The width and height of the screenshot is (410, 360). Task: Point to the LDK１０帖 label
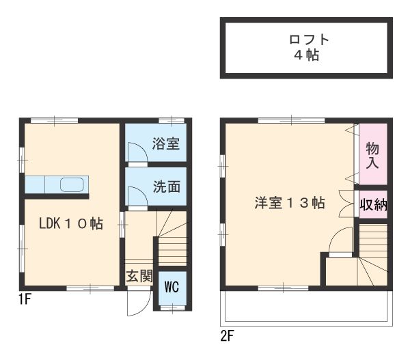(71, 223)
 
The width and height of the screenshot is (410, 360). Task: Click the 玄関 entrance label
(139, 277)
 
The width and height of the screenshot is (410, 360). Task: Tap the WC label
(170, 287)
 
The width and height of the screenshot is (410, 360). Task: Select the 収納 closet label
(373, 204)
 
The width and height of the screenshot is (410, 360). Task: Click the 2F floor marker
(228, 335)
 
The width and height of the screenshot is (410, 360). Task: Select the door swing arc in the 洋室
(340, 241)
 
